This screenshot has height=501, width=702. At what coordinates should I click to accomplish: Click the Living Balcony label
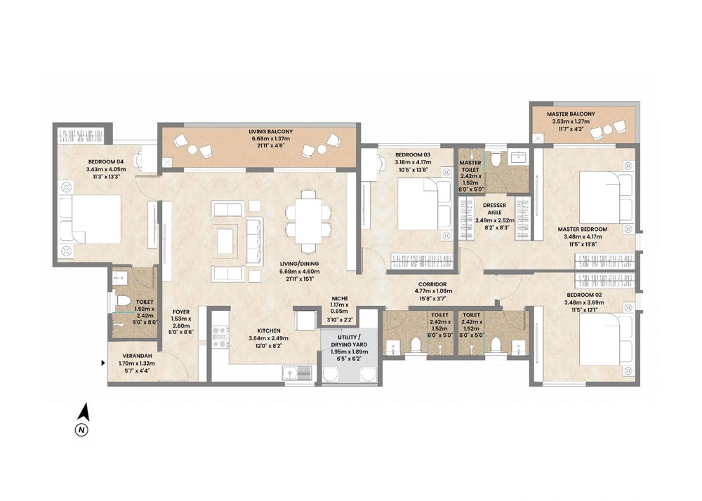[x=270, y=132]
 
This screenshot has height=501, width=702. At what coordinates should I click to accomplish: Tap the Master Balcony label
[x=570, y=114]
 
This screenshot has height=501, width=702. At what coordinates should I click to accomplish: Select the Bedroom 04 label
[x=106, y=162]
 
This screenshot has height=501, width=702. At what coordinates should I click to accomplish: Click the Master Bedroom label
[x=582, y=229]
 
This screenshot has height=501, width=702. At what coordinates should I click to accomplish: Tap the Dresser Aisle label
[x=494, y=209]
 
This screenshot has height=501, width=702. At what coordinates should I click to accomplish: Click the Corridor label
[x=432, y=284]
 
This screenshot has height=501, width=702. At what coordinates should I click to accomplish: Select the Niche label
[x=340, y=298]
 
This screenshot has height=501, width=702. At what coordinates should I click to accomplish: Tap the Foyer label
[x=180, y=312]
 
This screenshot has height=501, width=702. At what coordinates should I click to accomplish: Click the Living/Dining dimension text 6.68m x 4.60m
[x=300, y=272]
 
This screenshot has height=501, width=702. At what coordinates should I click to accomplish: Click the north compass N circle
[x=81, y=430]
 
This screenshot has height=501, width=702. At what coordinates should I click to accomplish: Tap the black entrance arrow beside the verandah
[x=103, y=363]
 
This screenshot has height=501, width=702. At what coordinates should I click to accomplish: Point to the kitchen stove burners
[x=220, y=338]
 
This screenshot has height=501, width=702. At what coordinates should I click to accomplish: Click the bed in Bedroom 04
[x=90, y=219]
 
